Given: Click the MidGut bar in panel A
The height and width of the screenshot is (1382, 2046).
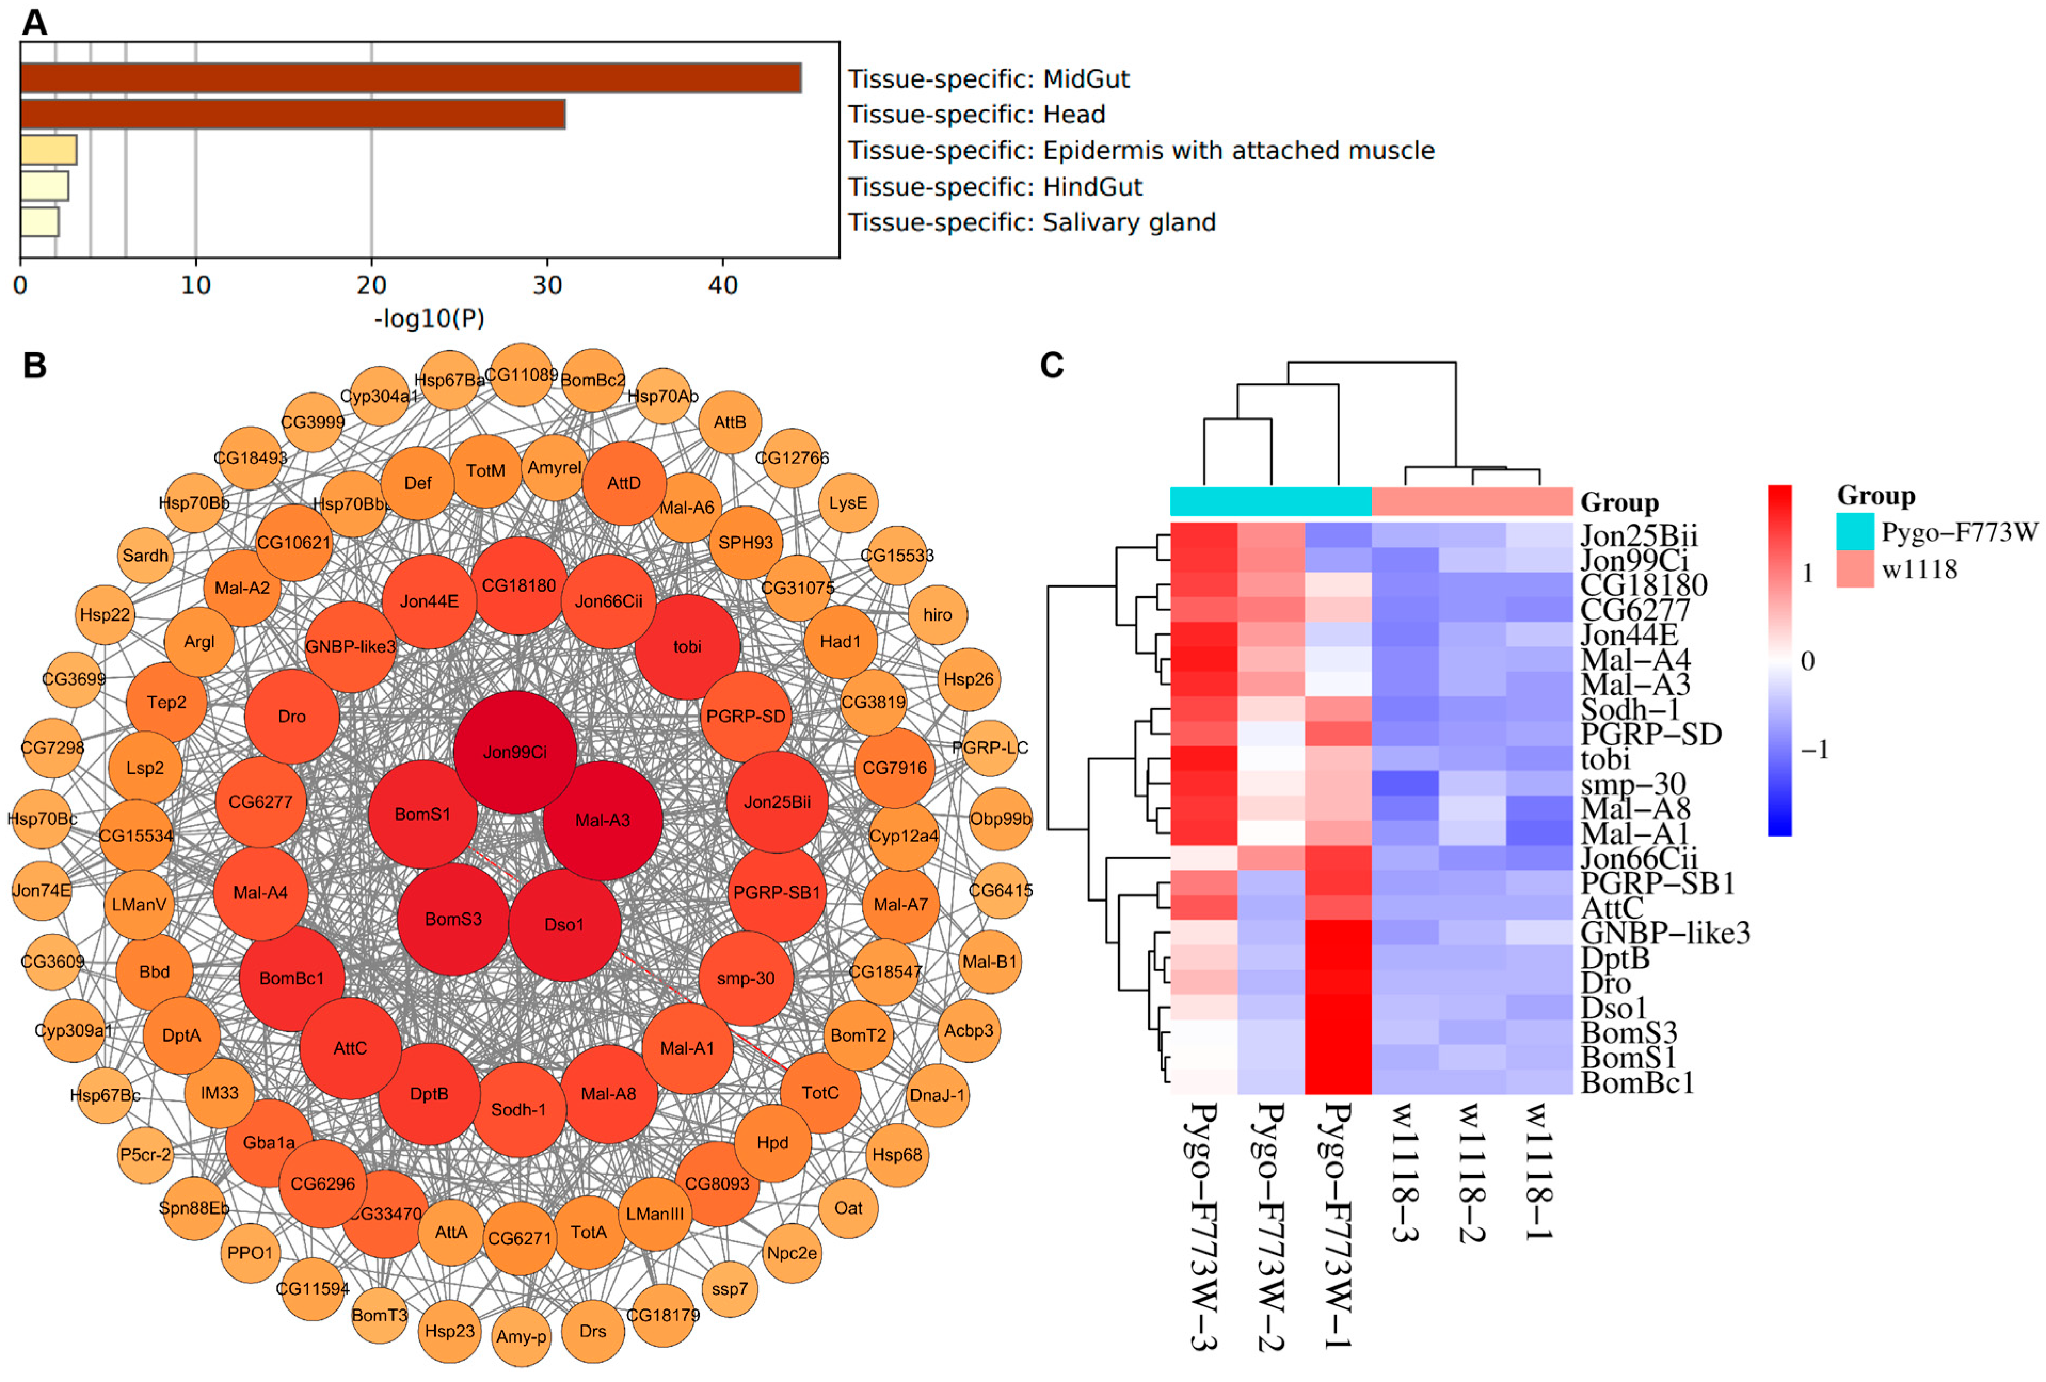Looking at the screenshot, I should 410,78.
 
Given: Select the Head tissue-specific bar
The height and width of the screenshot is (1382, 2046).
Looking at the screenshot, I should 292,115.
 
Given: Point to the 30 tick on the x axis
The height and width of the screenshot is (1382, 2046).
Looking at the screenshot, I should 548,285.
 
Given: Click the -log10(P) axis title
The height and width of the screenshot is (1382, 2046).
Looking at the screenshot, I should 429,319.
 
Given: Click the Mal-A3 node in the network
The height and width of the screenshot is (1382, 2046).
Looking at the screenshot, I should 602,821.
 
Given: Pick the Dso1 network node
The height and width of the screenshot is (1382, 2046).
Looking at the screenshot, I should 564,925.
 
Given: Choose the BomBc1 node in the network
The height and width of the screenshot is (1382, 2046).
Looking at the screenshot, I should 291,978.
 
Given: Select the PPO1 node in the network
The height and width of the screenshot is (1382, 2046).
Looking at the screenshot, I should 250,1252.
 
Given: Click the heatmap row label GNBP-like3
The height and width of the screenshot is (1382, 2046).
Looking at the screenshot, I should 1665,933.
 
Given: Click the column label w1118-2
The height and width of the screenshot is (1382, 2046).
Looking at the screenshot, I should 1471,1171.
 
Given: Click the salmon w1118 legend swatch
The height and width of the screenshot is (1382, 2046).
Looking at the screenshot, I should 1854,569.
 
